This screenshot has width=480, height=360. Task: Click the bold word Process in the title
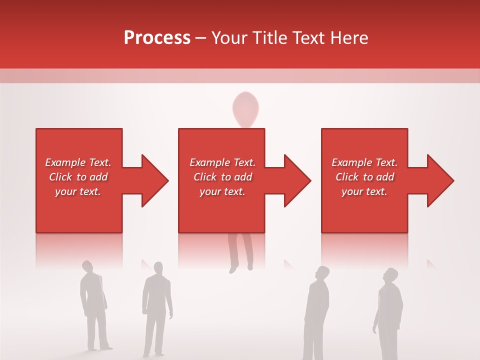(x=157, y=38)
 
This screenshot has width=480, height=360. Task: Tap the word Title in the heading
(x=270, y=38)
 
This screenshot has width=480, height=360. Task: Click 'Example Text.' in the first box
(x=78, y=162)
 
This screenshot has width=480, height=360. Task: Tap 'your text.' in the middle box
(x=222, y=191)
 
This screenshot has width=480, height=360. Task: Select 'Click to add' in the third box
(x=364, y=177)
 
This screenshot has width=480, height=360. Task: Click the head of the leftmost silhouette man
(x=87, y=266)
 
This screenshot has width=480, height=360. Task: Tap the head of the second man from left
(x=158, y=268)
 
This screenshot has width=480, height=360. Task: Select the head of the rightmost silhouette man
(x=389, y=275)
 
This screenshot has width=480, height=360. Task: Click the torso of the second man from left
(x=156, y=295)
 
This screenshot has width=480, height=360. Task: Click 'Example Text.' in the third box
(x=364, y=162)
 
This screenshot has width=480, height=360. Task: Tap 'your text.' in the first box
(x=78, y=191)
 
